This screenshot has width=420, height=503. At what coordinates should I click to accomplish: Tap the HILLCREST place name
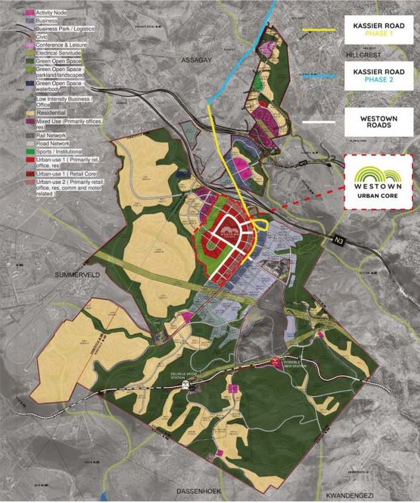click(x=364, y=54)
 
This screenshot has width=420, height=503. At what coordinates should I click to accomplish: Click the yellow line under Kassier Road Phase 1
click(x=320, y=30)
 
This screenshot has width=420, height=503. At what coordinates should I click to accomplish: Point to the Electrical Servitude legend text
click(x=62, y=51)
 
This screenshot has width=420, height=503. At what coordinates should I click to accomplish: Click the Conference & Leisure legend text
click(x=64, y=44)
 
